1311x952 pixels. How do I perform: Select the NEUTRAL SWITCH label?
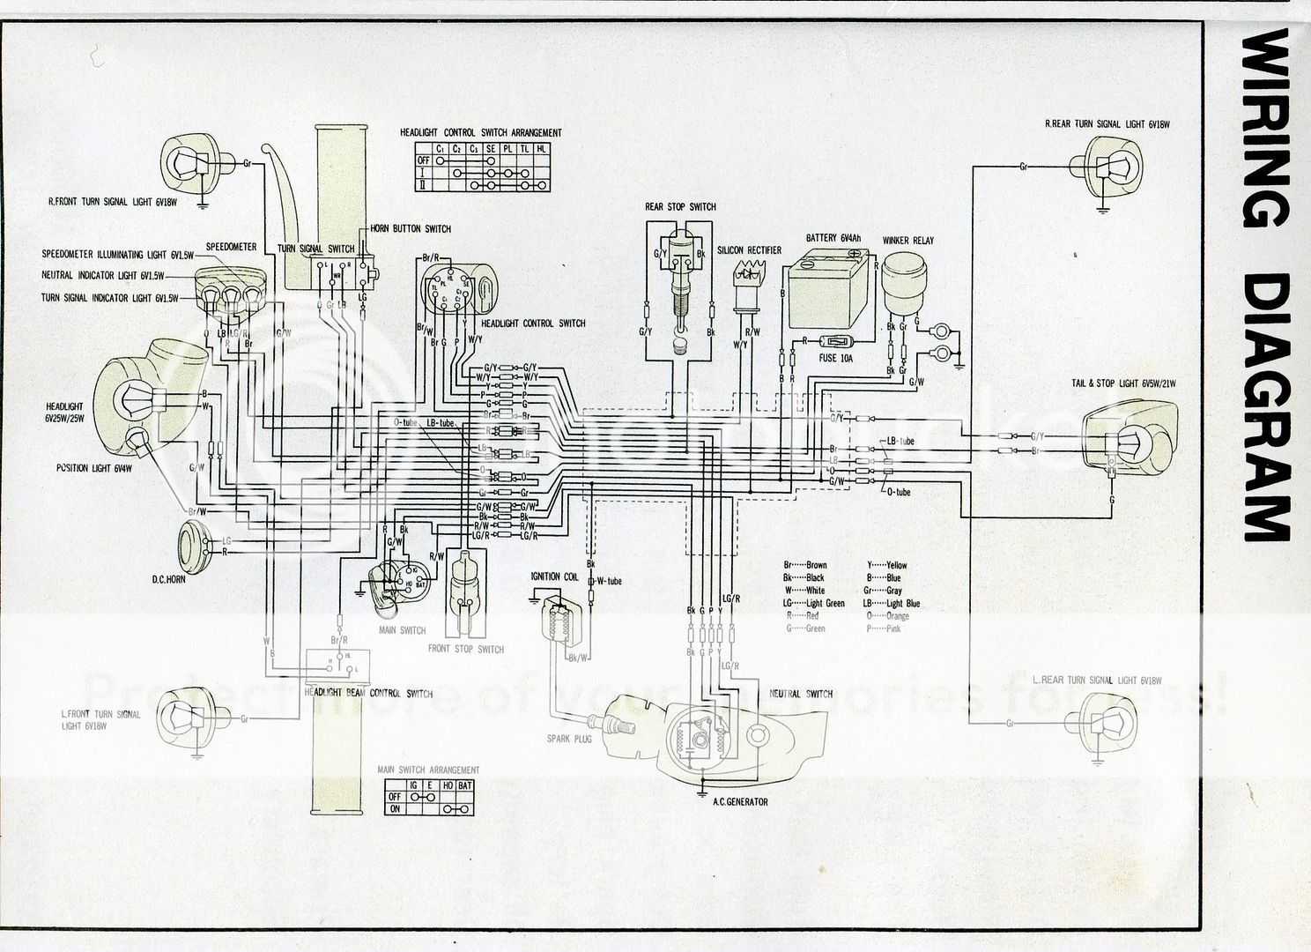click(800, 694)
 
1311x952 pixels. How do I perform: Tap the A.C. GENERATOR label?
click(740, 802)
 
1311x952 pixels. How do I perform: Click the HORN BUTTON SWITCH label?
click(410, 229)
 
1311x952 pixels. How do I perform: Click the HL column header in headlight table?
click(541, 149)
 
